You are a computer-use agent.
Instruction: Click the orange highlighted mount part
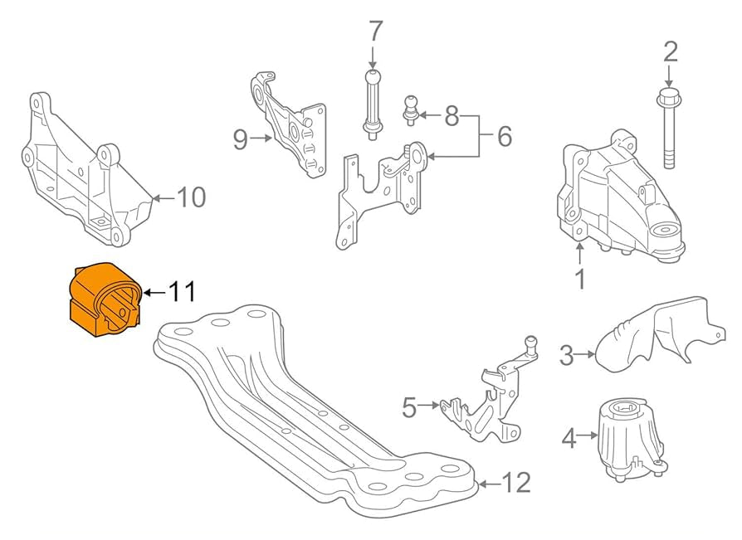coord(103,299)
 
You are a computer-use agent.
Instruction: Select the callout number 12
coord(516,482)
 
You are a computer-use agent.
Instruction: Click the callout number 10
coord(190,197)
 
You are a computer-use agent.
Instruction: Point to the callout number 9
coord(240,139)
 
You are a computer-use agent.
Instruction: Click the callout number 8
coord(452,115)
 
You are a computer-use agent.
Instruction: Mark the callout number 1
coord(580,279)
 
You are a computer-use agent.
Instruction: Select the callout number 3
coord(567,356)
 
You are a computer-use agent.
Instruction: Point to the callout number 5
coord(408,406)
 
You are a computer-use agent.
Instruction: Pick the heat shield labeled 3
coord(656,333)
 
